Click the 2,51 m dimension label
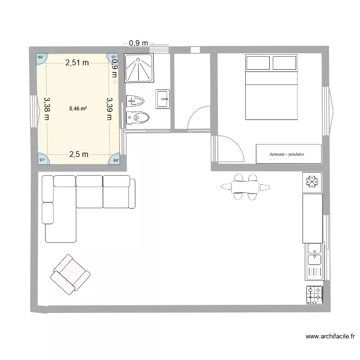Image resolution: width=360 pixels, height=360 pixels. tap(77, 62)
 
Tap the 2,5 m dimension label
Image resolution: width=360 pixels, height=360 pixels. tap(78, 154)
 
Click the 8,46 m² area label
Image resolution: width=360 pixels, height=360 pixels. tap(78, 108)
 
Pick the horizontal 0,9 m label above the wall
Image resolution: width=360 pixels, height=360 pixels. tap(139, 44)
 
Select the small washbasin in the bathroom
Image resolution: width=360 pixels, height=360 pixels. tap(163, 99)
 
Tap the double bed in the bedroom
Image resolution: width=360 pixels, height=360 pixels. tap(272, 87)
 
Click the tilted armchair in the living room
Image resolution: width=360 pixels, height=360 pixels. tap(70, 274)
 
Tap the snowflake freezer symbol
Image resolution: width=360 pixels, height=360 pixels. tap(312, 182)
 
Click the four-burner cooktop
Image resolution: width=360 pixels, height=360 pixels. tap(314, 294)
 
